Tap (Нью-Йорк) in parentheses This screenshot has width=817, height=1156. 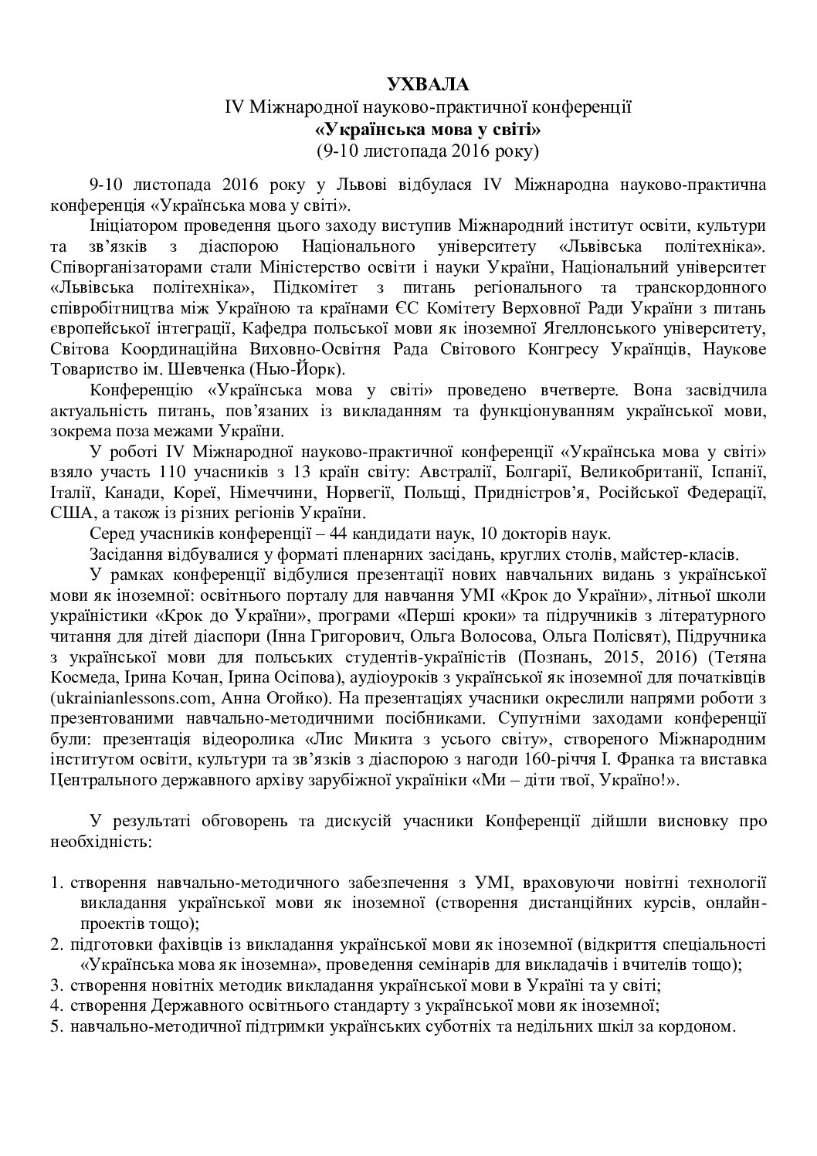point(304,369)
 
